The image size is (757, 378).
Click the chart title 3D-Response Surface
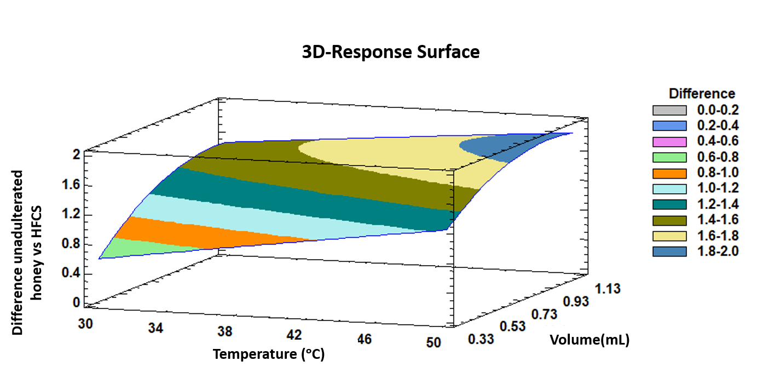(x=391, y=52)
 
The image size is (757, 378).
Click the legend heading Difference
(x=702, y=94)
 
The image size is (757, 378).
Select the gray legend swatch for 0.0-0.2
(x=669, y=111)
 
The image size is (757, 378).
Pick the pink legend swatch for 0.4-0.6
(x=669, y=142)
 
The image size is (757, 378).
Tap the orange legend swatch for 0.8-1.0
(x=669, y=173)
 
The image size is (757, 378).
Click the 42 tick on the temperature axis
(x=294, y=335)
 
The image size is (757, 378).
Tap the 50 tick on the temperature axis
(x=433, y=343)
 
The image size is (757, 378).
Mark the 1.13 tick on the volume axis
(x=608, y=288)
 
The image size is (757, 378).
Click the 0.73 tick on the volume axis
(x=544, y=314)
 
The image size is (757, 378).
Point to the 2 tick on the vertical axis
(x=77, y=155)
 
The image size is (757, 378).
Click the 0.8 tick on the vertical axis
(x=72, y=244)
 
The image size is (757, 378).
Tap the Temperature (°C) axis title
(x=269, y=354)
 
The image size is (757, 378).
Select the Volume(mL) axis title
(x=590, y=340)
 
